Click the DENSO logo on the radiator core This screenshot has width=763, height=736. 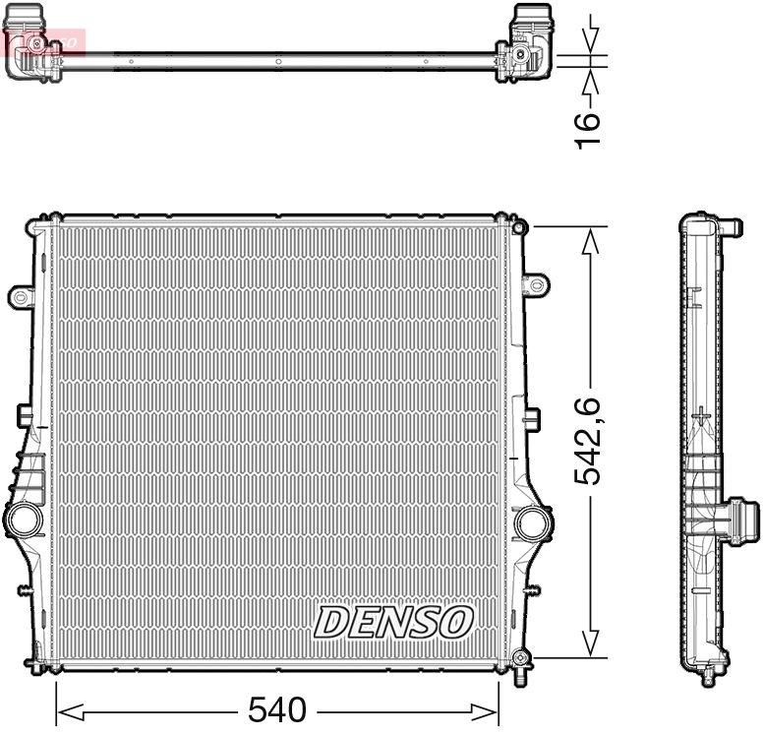[393, 622]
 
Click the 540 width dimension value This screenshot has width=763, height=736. [277, 709]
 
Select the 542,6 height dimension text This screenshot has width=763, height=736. [589, 441]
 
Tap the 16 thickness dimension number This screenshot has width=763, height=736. [587, 129]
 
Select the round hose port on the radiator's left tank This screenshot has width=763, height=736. [20, 519]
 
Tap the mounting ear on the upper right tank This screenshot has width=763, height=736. [534, 284]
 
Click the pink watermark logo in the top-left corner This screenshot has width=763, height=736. [44, 41]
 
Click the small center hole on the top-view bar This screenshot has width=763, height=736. [278, 61]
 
